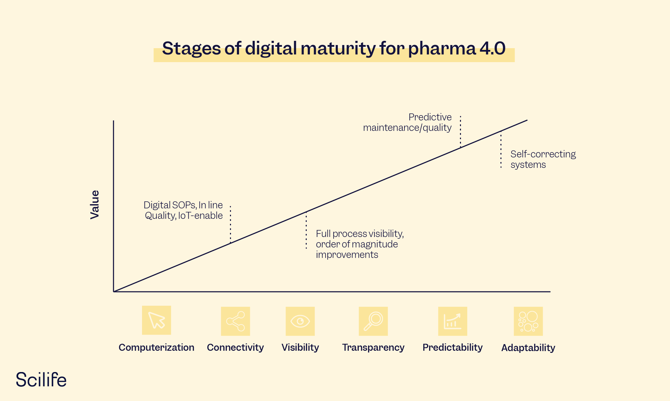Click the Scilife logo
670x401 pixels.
point(41,380)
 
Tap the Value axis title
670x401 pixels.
point(95,205)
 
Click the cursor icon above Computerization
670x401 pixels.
point(156,320)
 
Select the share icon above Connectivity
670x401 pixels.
point(236,321)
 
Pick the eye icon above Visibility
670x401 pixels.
point(300,321)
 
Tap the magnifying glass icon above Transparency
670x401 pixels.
point(373,321)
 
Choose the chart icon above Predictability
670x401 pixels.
point(453,321)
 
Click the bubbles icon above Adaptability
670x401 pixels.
point(528,321)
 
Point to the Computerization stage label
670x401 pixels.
point(156,347)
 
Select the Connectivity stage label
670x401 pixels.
point(235,347)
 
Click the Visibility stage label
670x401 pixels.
point(300,347)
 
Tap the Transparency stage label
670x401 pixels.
point(373,347)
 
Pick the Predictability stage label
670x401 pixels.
point(453,347)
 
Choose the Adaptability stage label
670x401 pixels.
point(528,348)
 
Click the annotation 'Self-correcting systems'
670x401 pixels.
point(543,159)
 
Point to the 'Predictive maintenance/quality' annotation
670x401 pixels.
point(408,122)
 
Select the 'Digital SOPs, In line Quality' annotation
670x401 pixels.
point(184,210)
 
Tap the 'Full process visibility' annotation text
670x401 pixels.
point(359,244)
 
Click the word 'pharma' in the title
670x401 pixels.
point(442,48)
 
